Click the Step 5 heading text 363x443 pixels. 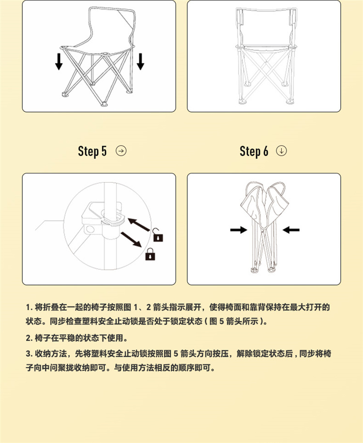[x=92, y=151]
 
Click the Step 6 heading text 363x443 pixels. [x=254, y=151]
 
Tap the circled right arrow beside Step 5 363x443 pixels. [x=121, y=151]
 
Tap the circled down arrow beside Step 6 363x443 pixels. [x=281, y=151]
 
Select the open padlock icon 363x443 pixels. [x=158, y=235]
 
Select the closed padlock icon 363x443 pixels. [x=150, y=254]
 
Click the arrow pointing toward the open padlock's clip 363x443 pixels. [x=139, y=224]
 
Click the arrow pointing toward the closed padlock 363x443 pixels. [x=131, y=239]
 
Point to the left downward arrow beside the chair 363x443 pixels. [x=59, y=61]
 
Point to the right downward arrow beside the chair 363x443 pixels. [x=140, y=61]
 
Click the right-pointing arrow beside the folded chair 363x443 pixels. [x=239, y=230]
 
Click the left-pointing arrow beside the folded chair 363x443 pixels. [x=291, y=230]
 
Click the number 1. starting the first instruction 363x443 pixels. [x=29, y=307]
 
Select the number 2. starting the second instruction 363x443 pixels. [x=29, y=338]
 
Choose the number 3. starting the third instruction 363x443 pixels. [x=29, y=354]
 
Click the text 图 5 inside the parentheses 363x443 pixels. [x=217, y=321]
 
